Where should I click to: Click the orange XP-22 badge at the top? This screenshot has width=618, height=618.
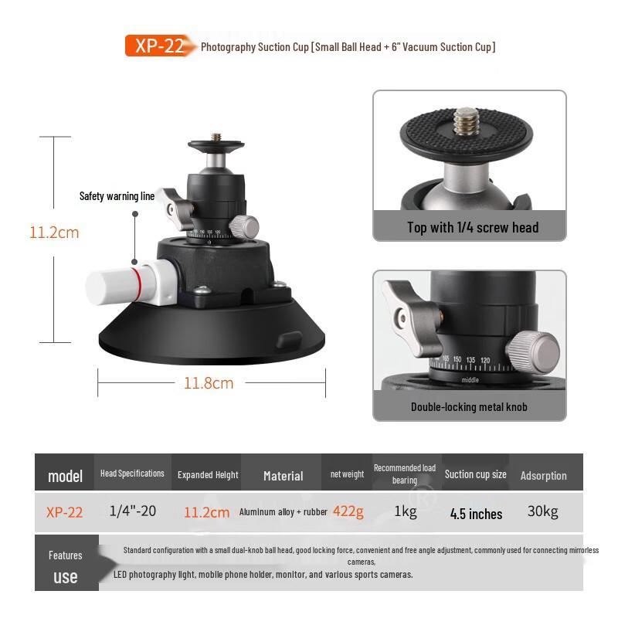158,46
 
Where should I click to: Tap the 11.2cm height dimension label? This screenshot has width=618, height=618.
54,232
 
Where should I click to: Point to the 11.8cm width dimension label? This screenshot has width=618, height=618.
209,382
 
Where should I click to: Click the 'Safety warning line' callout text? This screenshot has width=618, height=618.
117,196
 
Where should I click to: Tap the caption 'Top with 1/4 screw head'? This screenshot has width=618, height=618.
473,227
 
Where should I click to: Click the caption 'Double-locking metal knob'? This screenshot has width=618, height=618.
469,406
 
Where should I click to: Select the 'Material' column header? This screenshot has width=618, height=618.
283,476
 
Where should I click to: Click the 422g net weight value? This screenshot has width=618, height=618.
348,511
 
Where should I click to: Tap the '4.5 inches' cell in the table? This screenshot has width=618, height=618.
476,514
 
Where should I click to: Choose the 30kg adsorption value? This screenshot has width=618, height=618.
543,511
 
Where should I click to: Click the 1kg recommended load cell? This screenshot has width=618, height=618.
406,512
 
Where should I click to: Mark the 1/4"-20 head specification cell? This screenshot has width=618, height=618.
132,511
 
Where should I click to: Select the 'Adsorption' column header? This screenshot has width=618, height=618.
543,476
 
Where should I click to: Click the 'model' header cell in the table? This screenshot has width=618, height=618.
65,476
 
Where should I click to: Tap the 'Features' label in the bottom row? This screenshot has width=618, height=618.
65,555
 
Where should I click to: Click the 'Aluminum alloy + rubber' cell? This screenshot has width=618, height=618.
283,512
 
